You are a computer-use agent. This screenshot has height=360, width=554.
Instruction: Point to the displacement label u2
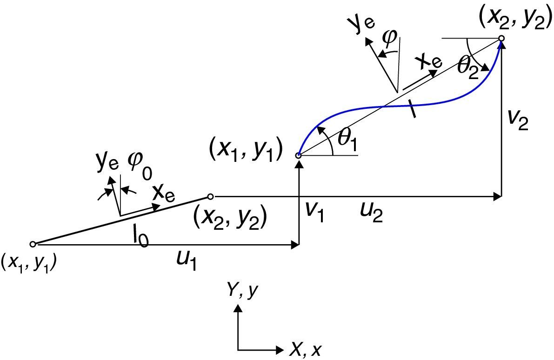[x=373, y=214]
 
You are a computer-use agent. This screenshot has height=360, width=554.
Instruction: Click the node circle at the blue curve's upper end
[x=501, y=39]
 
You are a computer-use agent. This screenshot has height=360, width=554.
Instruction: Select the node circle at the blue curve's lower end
[x=299, y=156]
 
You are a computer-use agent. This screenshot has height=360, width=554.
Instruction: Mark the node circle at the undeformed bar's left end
[x=33, y=244]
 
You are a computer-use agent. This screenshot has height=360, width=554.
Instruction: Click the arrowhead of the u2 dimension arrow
[x=497, y=197]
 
